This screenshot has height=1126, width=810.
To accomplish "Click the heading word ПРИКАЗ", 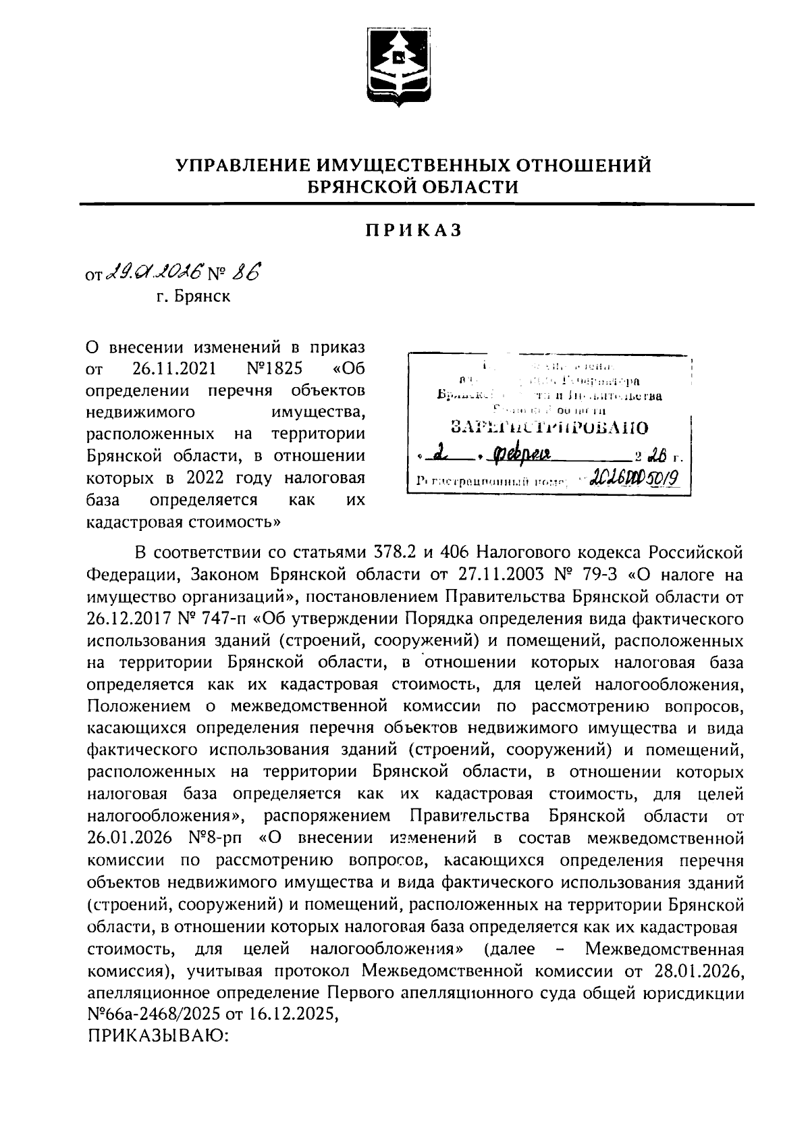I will coord(414,230).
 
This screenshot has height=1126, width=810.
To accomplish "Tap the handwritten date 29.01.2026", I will coord(151,274).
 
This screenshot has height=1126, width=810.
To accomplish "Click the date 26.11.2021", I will coord(170,369).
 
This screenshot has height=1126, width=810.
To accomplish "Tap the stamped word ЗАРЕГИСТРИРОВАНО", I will coord(549,427).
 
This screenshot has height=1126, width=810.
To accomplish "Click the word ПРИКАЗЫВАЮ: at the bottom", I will coord(160,1036).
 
